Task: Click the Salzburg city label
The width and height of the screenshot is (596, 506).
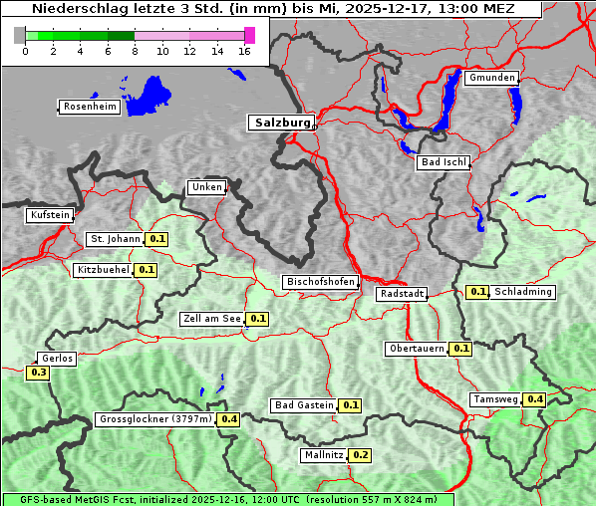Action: tap(281, 123)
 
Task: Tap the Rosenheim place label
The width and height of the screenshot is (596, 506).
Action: tap(89, 107)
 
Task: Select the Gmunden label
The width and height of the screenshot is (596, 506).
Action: tap(491, 78)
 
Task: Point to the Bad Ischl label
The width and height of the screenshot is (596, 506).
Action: tap(443, 162)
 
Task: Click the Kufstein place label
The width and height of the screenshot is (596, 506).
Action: tap(50, 215)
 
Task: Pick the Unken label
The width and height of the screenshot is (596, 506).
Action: tap(206, 187)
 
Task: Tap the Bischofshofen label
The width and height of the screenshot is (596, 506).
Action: tap(320, 282)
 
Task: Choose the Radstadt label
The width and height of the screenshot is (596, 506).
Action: tap(402, 294)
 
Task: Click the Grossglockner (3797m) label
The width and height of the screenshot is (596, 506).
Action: tap(155, 419)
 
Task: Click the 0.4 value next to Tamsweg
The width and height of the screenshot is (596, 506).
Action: tap(535, 399)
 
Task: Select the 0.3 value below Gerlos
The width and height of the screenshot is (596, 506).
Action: tap(39, 373)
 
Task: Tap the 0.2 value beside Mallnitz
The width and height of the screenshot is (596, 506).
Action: tap(361, 455)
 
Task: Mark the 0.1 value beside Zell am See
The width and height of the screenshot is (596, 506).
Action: tap(258, 319)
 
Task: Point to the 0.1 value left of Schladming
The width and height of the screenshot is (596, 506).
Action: tap(477, 292)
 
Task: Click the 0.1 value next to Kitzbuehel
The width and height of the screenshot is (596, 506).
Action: tap(147, 270)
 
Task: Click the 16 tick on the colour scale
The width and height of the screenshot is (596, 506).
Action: tap(245, 52)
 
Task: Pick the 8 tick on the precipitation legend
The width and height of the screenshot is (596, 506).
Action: tap(135, 52)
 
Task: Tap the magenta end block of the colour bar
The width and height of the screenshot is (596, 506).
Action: tap(249, 35)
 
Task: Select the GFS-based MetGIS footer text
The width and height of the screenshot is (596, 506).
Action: tap(227, 499)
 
